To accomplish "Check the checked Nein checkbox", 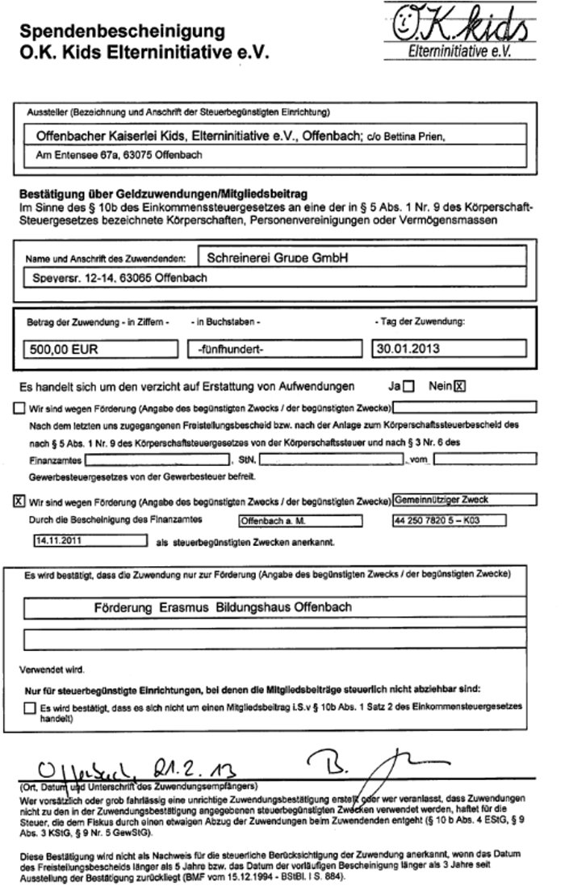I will point(460,386).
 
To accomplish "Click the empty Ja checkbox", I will point(410,386).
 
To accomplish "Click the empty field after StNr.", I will point(331,460).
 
